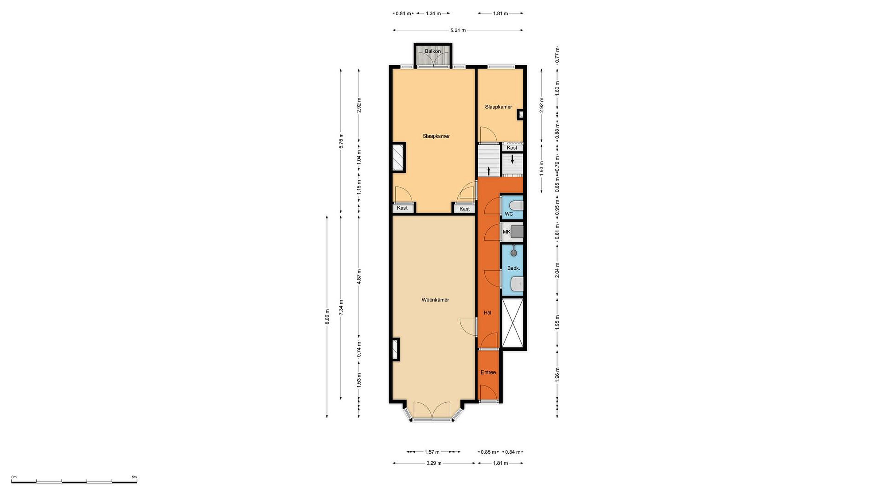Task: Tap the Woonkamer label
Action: (435, 300)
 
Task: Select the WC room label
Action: (509, 214)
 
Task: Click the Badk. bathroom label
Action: (514, 268)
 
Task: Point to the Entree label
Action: (488, 372)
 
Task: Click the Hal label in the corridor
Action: (487, 313)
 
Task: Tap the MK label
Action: (506, 232)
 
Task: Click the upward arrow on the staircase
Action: (489, 171)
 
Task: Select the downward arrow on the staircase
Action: (512, 159)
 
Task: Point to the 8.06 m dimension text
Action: (327, 317)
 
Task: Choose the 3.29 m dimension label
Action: (434, 463)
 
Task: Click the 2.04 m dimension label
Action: (557, 270)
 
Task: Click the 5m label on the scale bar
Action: (134, 477)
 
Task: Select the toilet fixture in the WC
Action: (516, 206)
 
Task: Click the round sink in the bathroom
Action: (514, 253)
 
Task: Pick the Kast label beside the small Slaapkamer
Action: (512, 148)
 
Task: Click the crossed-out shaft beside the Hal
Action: (512, 323)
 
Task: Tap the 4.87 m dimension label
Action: (359, 276)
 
